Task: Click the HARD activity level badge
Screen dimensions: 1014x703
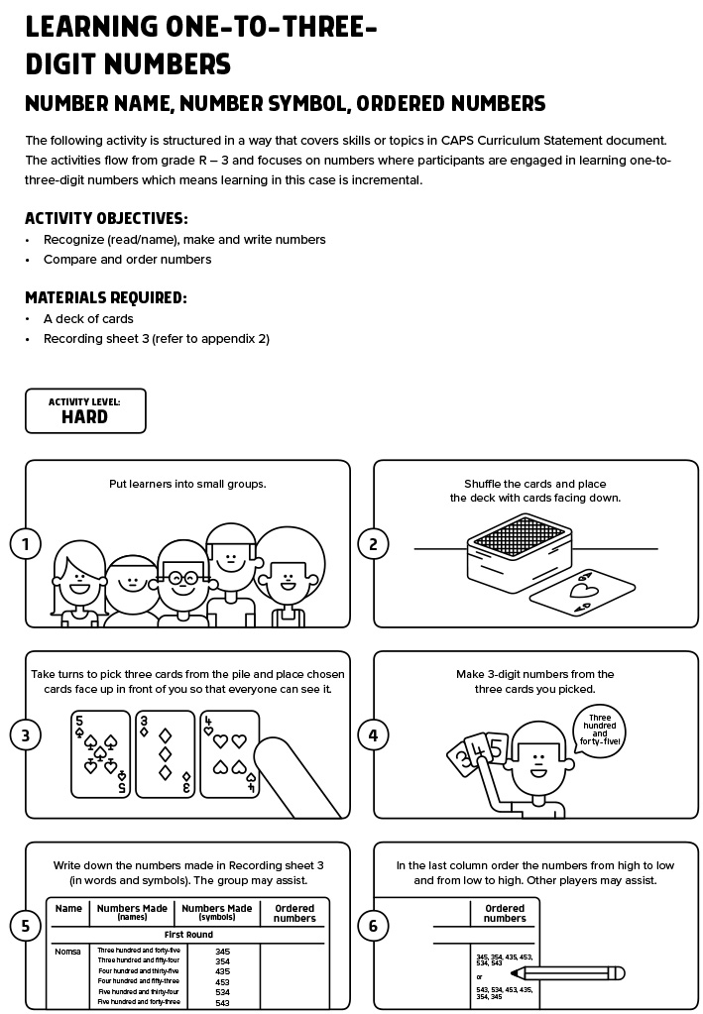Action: coord(85,410)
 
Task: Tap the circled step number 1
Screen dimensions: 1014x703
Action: coord(25,543)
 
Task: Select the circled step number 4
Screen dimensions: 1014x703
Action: coord(373,734)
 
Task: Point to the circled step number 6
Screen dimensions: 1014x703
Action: coord(373,926)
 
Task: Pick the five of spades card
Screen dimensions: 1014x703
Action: coord(100,753)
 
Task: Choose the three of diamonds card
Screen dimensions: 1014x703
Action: coord(165,753)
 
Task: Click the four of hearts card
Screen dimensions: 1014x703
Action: coord(229,753)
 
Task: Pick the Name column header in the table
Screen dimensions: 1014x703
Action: coord(68,909)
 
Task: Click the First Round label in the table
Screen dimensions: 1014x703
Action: coord(187,935)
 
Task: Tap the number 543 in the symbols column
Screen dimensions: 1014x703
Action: coord(222,1002)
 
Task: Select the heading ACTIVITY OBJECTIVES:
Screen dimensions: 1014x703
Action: coord(106,218)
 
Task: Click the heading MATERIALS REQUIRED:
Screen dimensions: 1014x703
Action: coord(105,297)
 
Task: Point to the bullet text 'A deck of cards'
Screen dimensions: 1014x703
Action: coord(88,319)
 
